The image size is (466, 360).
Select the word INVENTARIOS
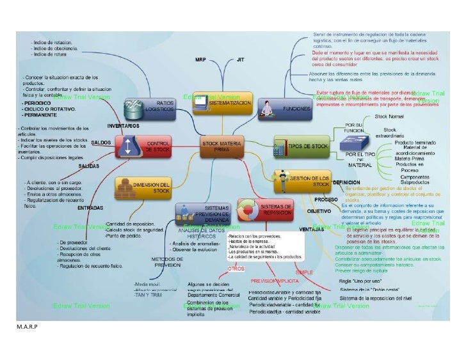[x=123, y=125]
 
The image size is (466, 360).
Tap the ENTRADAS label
[x=90, y=208]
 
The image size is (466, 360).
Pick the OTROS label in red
[x=236, y=269]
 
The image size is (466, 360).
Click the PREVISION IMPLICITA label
[x=272, y=281]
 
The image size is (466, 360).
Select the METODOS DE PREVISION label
[x=168, y=262]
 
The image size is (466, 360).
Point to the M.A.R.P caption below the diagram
[x=19, y=327]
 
